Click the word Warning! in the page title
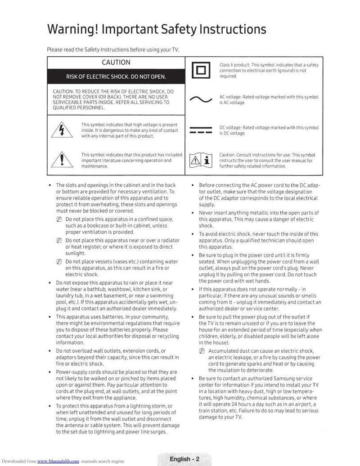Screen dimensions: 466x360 click(x=72, y=30)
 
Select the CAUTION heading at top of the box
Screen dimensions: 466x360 click(x=116, y=63)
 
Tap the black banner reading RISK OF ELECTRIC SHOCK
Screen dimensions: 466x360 click(x=116, y=76)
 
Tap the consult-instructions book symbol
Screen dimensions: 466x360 click(x=201, y=160)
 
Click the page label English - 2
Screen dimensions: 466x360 click(x=184, y=459)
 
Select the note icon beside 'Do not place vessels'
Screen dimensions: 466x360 click(x=59, y=262)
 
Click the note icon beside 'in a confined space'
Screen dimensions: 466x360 click(x=59, y=219)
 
